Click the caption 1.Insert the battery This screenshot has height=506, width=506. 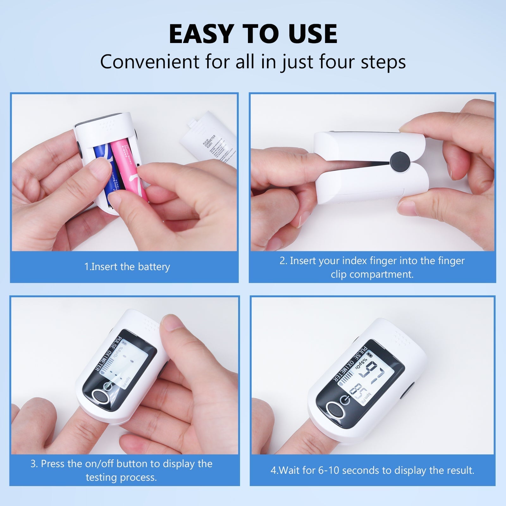[127, 267]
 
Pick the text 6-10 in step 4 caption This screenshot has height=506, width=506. [329, 470]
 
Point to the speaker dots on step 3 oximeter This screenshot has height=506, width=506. [151, 326]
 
